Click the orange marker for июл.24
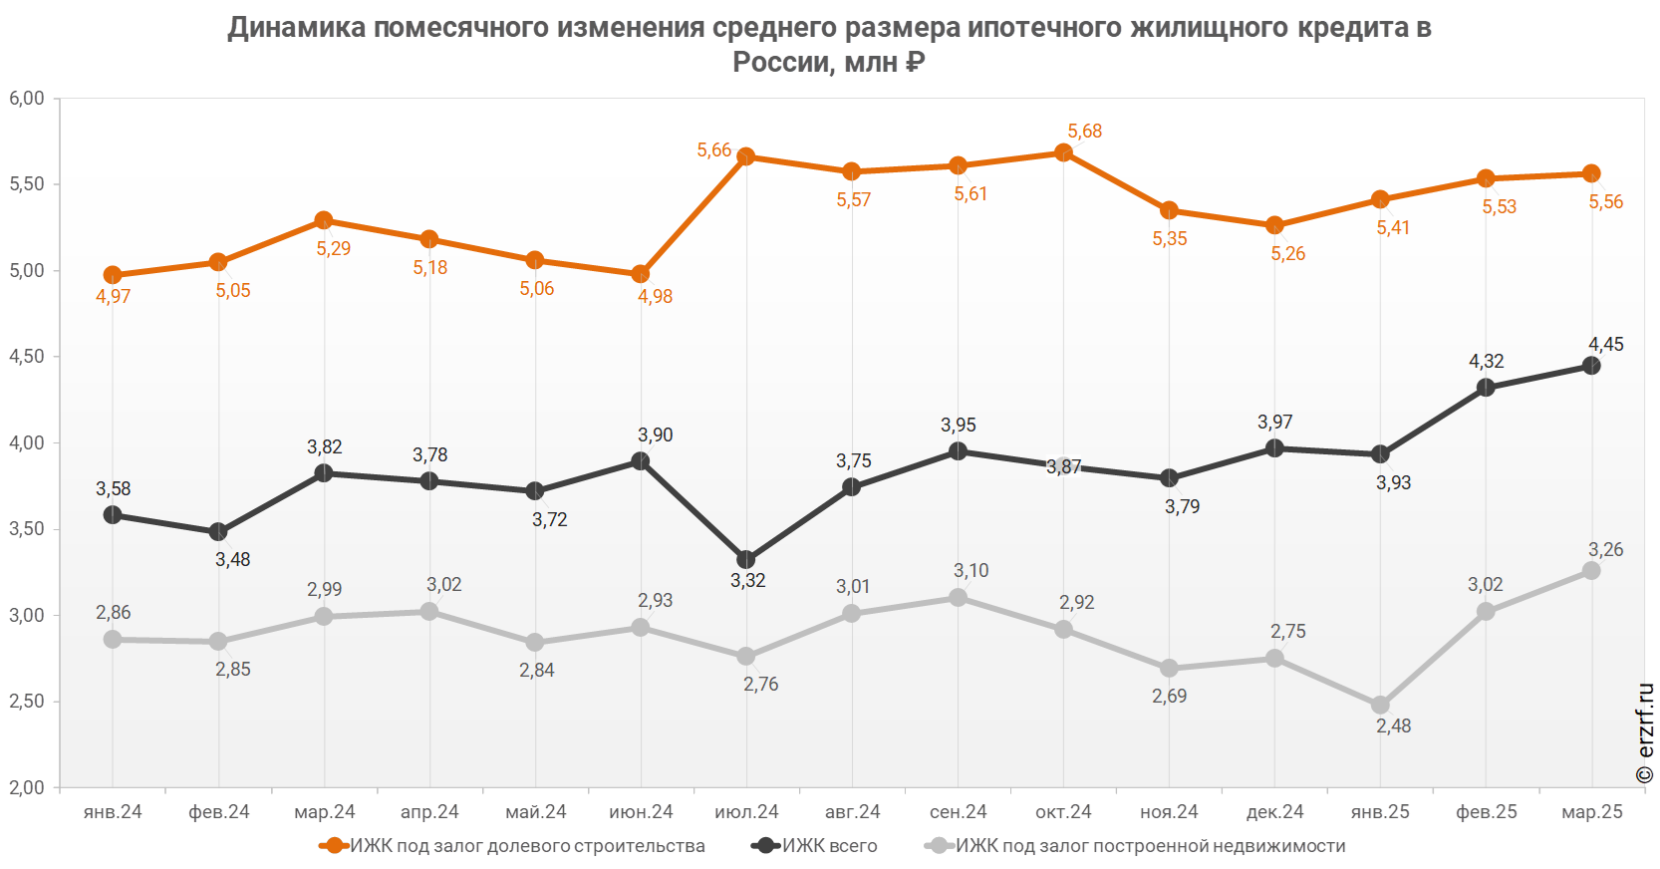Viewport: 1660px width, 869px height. tap(746, 156)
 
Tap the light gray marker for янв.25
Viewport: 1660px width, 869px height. tap(1380, 705)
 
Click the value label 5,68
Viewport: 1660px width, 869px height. tap(1084, 132)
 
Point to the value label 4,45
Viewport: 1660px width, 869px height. tap(1605, 345)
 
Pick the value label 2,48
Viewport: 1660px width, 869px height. tap(1393, 726)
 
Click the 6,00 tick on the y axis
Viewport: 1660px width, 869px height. tap(27, 99)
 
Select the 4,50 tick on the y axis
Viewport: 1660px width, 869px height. tap(27, 357)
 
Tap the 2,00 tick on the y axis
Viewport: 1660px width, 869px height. tap(27, 787)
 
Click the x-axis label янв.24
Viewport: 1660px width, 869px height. tap(113, 812)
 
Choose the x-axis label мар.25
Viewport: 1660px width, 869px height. tap(1592, 812)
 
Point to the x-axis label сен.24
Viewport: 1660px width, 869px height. tap(959, 812)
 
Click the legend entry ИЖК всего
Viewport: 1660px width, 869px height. tap(830, 846)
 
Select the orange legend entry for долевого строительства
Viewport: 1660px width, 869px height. tap(527, 846)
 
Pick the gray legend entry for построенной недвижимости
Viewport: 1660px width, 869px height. tap(1151, 846)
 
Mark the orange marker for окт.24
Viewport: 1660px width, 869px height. tap(1063, 152)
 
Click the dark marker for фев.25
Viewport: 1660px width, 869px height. tap(1486, 387)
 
